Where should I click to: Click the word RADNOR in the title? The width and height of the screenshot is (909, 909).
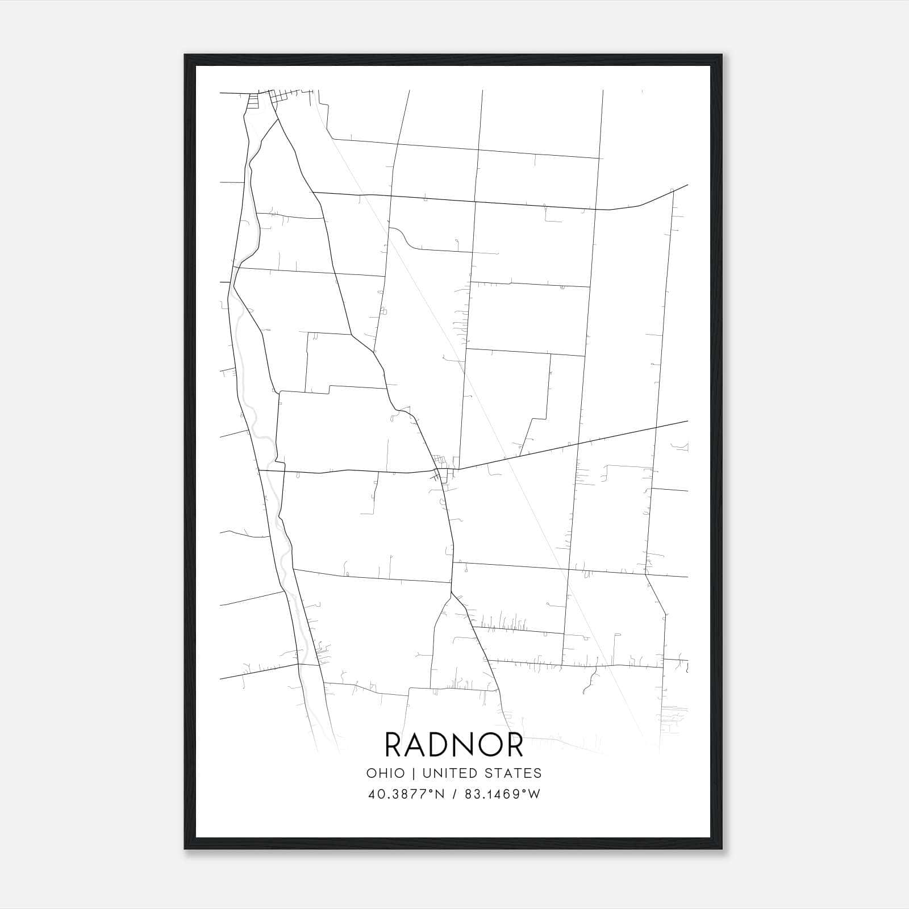(x=454, y=744)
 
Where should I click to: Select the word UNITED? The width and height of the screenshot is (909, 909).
(x=456, y=773)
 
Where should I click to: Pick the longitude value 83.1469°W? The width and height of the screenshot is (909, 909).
(x=502, y=794)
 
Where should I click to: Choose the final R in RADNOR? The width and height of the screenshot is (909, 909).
(x=514, y=744)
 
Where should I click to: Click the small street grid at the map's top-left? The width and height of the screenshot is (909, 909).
(x=267, y=99)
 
